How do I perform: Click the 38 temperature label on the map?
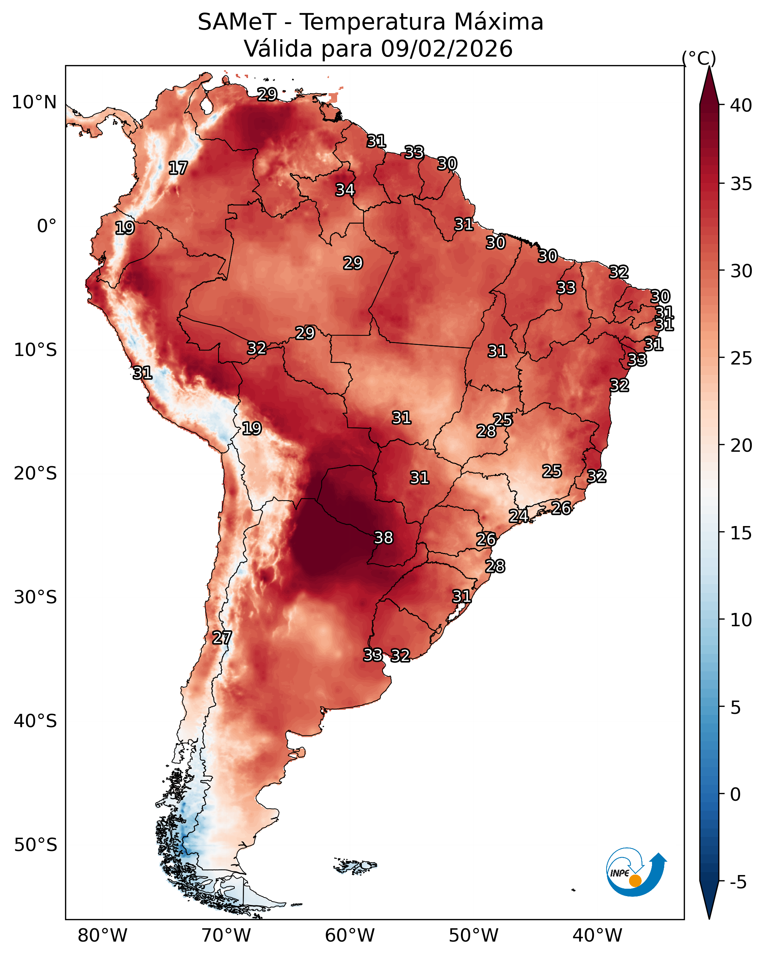click(384, 538)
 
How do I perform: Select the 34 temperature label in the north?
click(345, 190)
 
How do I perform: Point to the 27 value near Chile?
click(222, 638)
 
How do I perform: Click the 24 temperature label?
click(518, 516)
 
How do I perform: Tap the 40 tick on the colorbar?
click(741, 105)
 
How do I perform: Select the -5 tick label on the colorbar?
click(738, 882)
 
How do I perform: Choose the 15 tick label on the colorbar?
click(741, 533)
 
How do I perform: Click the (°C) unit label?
click(699, 58)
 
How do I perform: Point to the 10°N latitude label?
click(34, 102)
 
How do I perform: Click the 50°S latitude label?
click(35, 845)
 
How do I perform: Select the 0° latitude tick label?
click(47, 226)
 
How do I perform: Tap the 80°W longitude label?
click(102, 935)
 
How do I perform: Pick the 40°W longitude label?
click(597, 935)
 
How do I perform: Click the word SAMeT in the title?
click(237, 22)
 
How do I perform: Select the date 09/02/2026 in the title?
click(446, 49)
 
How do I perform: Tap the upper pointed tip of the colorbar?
click(709, 67)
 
